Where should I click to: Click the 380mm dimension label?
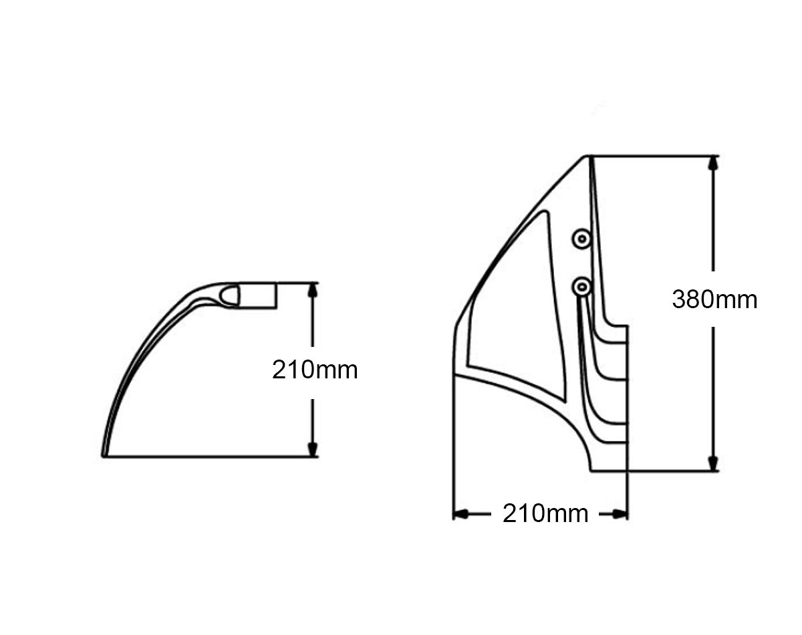(x=714, y=299)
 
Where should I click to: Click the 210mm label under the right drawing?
(x=545, y=513)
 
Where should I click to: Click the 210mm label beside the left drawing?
(x=315, y=370)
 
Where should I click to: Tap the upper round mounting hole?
(x=581, y=239)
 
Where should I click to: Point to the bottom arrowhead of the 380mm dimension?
(x=713, y=463)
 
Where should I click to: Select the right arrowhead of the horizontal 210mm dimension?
(x=620, y=515)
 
